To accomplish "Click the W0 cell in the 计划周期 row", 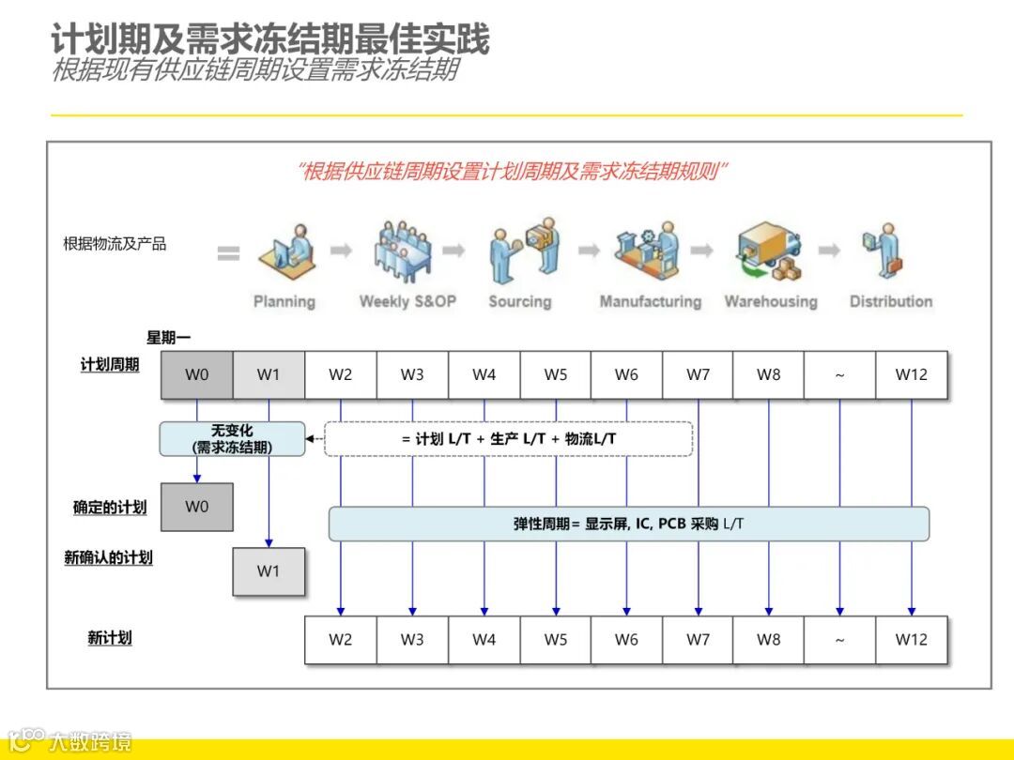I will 197,375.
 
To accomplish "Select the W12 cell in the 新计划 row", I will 911,640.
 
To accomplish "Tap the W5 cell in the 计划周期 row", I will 556,375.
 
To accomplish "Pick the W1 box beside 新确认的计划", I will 269,571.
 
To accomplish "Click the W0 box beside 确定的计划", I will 197,508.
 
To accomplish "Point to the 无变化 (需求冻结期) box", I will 232,439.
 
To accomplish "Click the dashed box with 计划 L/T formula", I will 509,439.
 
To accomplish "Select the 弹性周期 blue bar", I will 628,524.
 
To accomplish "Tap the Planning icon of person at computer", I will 285,252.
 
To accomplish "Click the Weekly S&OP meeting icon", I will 403,251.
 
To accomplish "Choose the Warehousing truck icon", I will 769,251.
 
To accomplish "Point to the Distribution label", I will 891,302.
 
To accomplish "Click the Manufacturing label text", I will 651,302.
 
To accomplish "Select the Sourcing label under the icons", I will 519,302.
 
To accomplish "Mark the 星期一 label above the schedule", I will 168,338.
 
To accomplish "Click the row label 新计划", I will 110,638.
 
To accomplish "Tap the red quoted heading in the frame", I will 514,171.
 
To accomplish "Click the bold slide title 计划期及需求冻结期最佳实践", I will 270,39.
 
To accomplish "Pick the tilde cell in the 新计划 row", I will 839,640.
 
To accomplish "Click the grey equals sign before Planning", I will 228,253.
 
